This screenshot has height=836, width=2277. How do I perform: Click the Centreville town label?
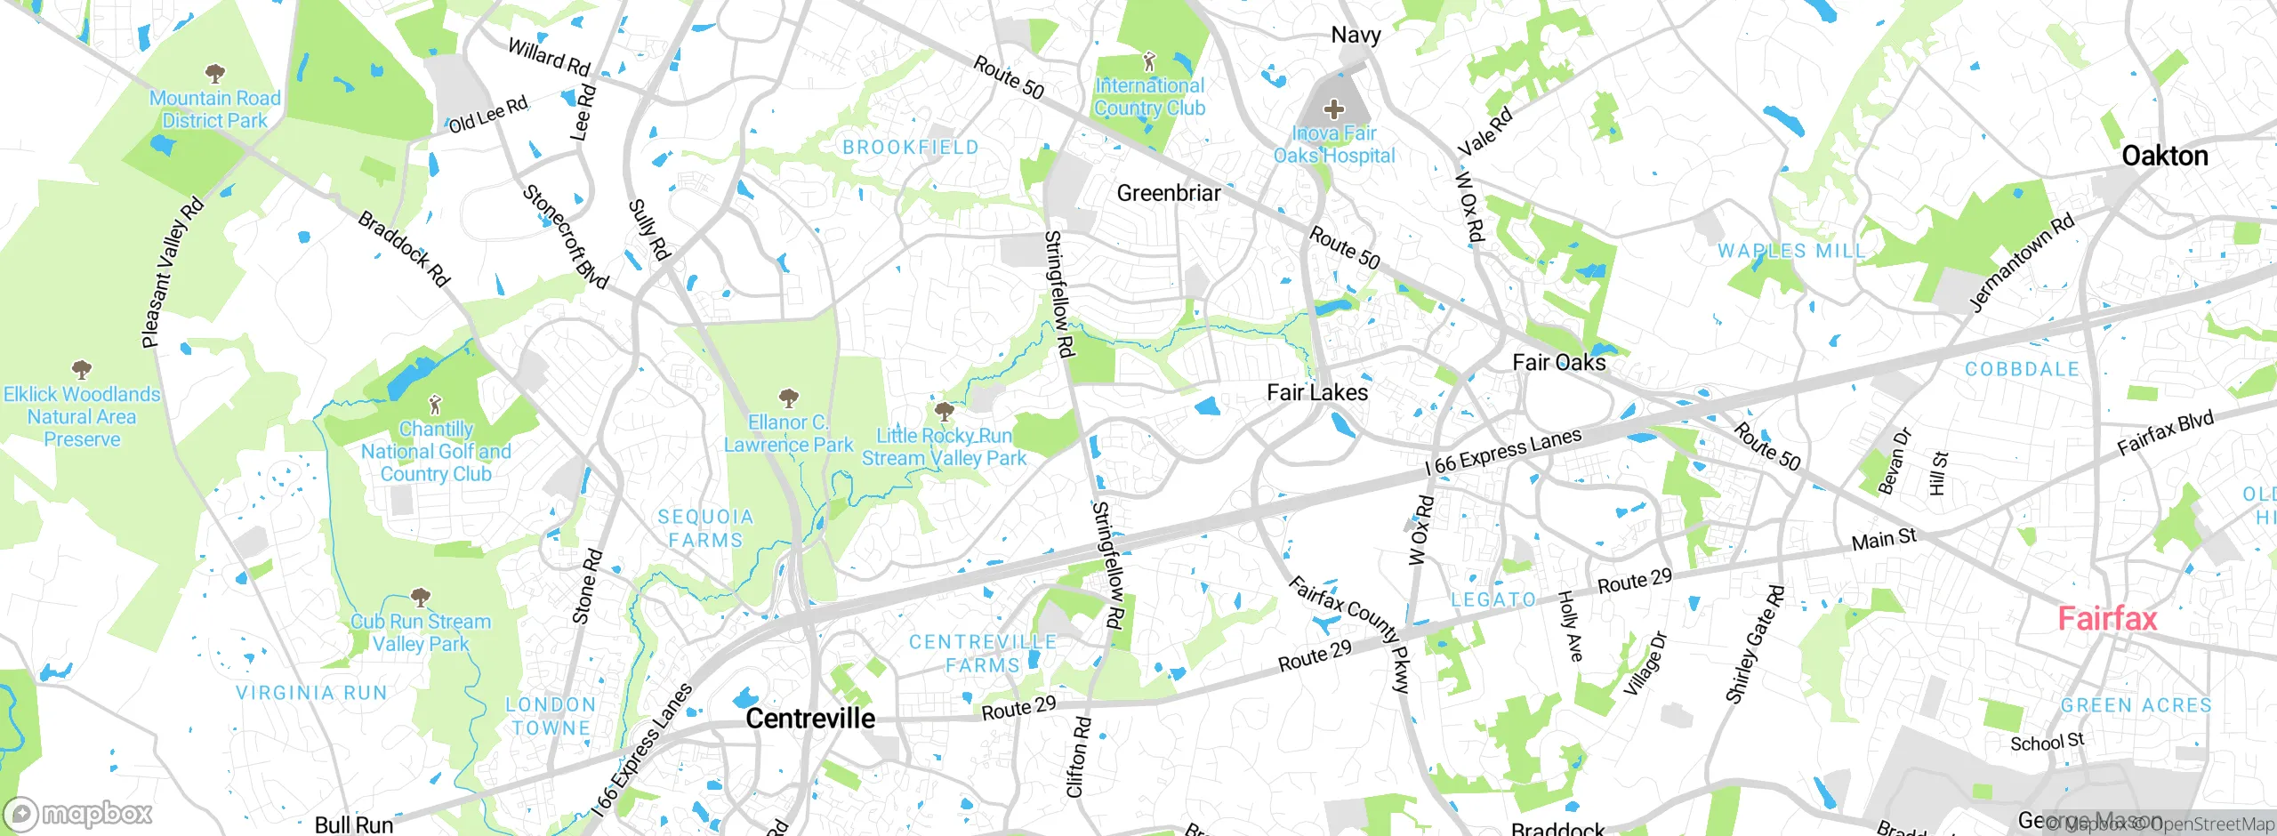[809, 719]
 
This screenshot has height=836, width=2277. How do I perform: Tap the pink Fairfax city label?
[2107, 619]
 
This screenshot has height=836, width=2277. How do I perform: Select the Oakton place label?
[2164, 157]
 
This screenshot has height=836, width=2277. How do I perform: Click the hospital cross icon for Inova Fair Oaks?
[1333, 110]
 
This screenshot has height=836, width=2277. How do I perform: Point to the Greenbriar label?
[1168, 193]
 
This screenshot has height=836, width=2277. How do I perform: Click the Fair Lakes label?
[1316, 392]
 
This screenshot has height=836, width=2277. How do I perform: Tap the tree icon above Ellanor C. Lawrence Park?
[787, 397]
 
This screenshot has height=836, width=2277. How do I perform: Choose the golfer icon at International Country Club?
[1149, 62]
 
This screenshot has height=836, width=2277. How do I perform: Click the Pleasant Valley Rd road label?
[173, 273]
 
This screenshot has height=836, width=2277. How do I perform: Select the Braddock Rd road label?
[404, 249]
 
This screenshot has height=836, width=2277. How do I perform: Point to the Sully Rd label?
[648, 229]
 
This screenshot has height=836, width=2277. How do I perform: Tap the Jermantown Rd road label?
[2022, 262]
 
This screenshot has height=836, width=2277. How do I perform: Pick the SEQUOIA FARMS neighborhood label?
[705, 528]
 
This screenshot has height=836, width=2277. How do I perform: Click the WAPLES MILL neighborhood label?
[1791, 252]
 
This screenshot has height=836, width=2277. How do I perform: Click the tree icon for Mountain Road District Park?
[214, 73]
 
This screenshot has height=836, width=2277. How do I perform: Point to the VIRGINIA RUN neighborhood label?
[311, 693]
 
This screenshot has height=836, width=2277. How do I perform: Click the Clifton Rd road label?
[1077, 757]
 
